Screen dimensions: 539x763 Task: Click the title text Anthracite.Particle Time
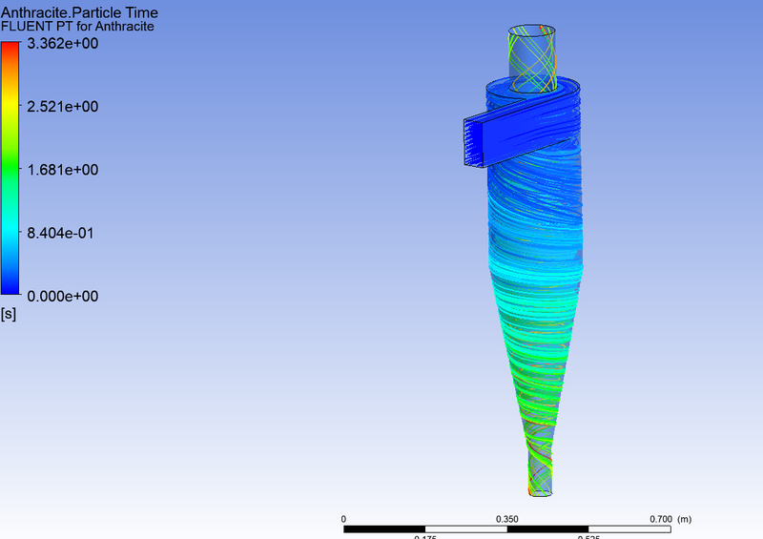80,12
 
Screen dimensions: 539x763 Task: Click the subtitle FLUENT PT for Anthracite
80,27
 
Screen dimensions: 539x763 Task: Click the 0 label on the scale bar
343,518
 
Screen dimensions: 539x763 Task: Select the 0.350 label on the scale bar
506,518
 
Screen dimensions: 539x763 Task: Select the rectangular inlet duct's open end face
474,141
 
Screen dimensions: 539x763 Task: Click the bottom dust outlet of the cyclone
541,488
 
